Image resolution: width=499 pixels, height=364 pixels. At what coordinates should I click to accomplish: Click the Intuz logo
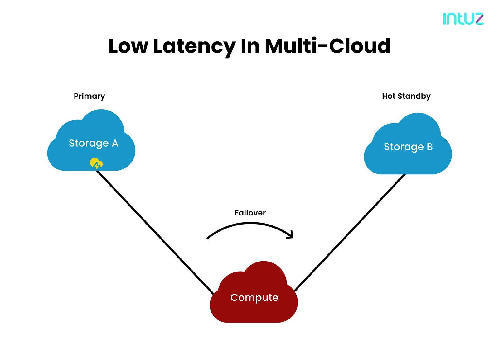463,19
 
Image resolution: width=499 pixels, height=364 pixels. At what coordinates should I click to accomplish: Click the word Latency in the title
194,47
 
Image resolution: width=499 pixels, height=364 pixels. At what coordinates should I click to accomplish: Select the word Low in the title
128,46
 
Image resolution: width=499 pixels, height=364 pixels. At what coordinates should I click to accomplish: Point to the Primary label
89,96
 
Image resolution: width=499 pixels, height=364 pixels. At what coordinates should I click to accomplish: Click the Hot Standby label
406,96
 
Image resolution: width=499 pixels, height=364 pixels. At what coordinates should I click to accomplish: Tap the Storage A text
93,144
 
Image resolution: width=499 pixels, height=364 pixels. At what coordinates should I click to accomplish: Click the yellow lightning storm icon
96,163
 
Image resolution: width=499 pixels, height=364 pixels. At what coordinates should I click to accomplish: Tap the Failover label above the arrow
250,213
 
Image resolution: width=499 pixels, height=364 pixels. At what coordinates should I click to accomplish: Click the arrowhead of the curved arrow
291,235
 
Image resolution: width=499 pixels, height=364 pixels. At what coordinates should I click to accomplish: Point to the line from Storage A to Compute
155,232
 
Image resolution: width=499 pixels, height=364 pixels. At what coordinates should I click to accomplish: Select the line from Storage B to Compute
350,233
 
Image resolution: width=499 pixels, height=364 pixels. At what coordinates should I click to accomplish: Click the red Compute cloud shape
254,298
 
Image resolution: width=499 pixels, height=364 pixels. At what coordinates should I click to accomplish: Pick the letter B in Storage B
429,147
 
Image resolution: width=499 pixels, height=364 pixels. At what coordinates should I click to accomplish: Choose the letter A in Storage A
115,144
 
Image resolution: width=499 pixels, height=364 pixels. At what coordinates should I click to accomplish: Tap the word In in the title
250,46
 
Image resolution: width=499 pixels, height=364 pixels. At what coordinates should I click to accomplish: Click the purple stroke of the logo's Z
480,19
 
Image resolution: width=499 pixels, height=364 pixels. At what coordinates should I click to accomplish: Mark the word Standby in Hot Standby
414,96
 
